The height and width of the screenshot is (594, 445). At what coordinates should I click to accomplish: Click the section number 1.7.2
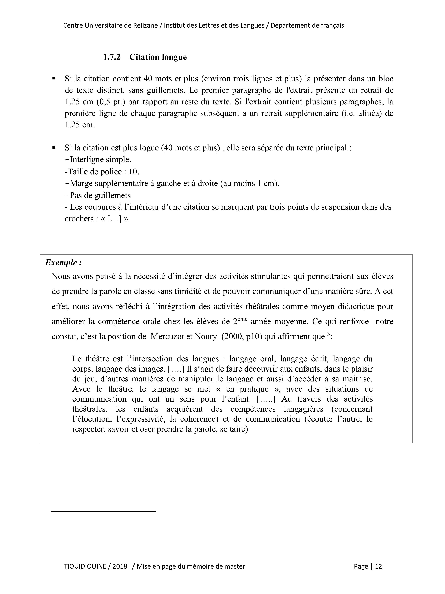click(x=112, y=57)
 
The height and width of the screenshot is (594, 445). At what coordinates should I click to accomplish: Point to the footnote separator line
click(x=104, y=511)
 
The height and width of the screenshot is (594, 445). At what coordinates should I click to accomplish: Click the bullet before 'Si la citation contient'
click(x=54, y=78)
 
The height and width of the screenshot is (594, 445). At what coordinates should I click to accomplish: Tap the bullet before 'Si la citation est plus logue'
click(x=54, y=147)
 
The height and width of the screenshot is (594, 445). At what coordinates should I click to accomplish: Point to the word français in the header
click(x=332, y=25)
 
